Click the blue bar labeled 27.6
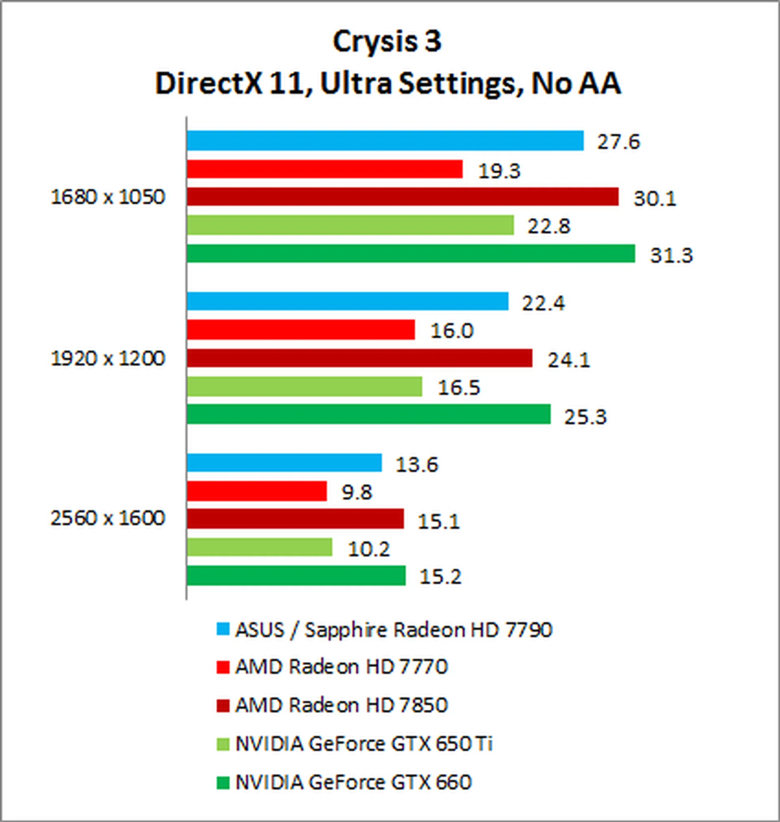pos(385,141)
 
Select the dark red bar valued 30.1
pos(403,197)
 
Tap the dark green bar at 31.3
pos(411,254)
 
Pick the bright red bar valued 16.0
pos(301,330)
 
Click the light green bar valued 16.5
pos(304,387)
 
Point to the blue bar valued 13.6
pos(284,463)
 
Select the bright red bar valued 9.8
pos(256,491)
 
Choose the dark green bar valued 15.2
pos(296,576)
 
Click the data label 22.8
pos(549,227)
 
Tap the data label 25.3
pos(585,416)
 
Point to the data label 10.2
pos(369,549)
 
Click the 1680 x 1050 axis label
pos(108,197)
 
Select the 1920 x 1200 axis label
pos(108,358)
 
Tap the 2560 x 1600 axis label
pos(108,518)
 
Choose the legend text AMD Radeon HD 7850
pos(341,705)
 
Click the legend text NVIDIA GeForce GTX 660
pos(353,782)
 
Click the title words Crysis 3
pos(387,41)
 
